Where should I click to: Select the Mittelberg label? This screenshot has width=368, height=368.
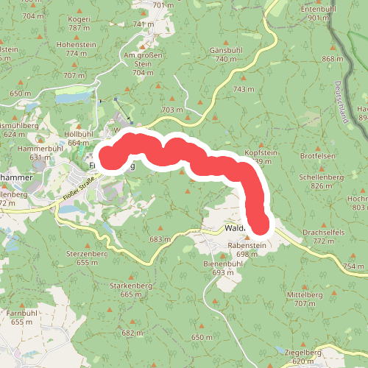coord(303,294)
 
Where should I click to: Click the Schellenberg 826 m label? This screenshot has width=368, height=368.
coord(322,177)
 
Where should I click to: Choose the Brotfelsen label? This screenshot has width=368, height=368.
coord(318,157)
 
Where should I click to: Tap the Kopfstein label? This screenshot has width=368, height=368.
coord(260,152)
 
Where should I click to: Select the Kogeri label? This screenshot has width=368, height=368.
coord(79,19)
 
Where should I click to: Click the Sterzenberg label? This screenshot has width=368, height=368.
coord(87,253)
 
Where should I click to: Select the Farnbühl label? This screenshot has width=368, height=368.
coord(22,314)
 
